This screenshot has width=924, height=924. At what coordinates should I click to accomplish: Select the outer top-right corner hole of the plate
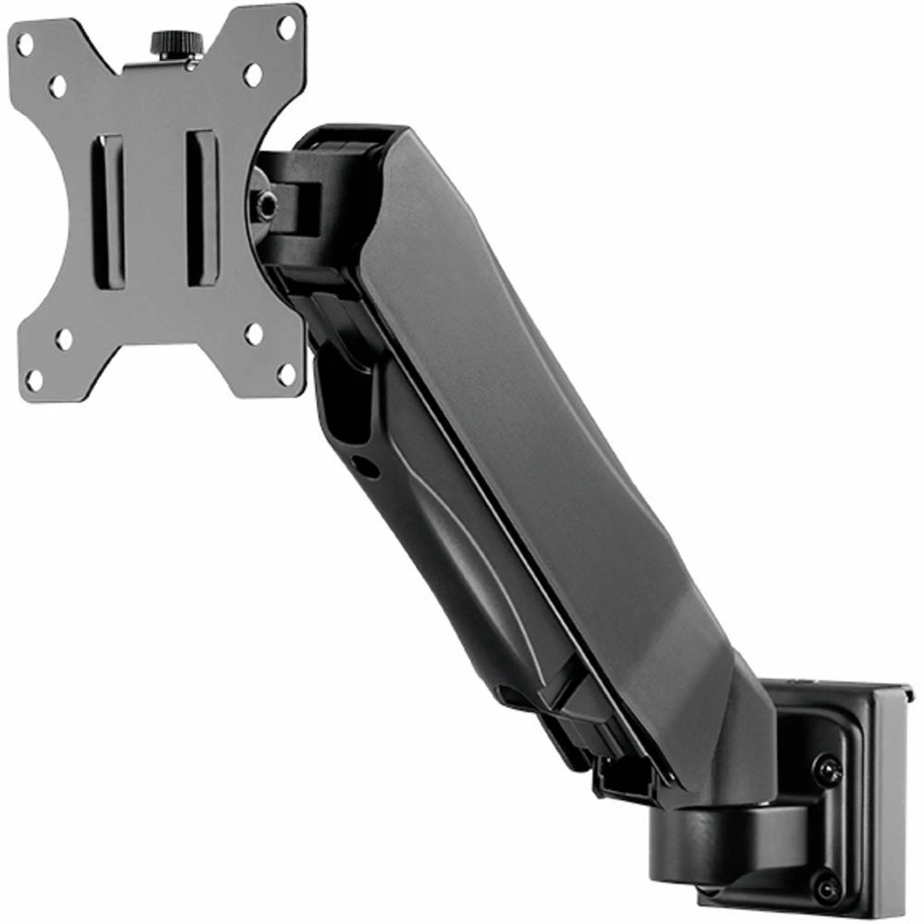coord(286,28)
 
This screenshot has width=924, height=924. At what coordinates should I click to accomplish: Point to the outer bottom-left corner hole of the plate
coord(34,379)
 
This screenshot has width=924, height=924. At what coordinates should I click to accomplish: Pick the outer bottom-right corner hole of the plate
coord(286,374)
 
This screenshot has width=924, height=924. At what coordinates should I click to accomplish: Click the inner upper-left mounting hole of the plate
coord(57,87)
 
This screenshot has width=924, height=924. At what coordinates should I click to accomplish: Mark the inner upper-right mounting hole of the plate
coord(252,75)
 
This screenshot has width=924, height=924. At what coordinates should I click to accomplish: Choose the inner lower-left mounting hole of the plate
coord(63,338)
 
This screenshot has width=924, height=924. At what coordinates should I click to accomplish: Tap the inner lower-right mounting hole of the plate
coord(253,334)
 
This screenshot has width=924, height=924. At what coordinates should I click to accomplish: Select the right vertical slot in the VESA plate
coord(201,208)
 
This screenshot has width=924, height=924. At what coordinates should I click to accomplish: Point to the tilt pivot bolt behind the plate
coord(266,205)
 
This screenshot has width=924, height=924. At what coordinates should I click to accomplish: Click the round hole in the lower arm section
coord(367,468)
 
